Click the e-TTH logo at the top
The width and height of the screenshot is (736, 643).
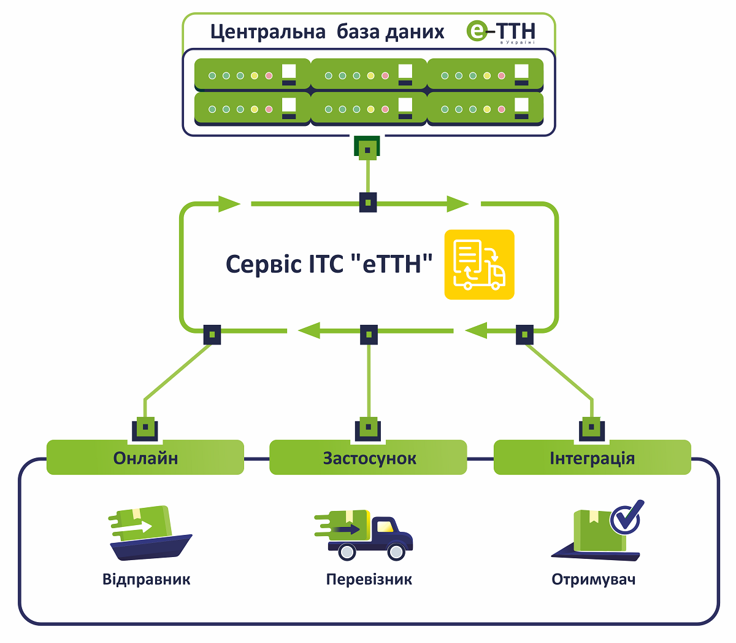tap(500, 32)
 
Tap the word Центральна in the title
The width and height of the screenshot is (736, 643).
tap(268, 32)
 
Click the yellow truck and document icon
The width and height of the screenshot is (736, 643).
tap(479, 265)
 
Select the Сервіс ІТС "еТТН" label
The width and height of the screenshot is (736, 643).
tap(329, 264)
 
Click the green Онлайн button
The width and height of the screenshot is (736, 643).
tap(145, 457)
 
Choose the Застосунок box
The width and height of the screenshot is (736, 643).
tap(368, 457)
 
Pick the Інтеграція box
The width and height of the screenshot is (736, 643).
tap(592, 457)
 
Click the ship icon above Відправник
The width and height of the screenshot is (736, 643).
tap(150, 532)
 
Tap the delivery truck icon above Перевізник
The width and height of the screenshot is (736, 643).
tap(363, 535)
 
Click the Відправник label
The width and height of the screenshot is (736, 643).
tap(147, 579)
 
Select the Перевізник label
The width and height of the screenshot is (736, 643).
tap(369, 579)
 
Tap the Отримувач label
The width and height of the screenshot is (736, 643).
tap(594, 580)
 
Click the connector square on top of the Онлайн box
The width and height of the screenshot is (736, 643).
tap(145, 429)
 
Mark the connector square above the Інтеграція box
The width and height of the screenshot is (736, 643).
tap(591, 429)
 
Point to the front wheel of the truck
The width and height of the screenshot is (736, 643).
tap(396, 552)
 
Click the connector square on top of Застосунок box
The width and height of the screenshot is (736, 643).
tap(368, 429)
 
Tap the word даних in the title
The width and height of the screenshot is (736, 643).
tap(415, 33)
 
